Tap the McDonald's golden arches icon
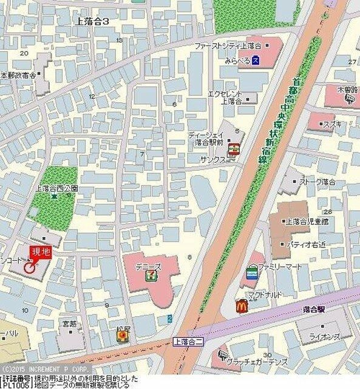coord(241,306)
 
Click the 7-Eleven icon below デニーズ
coord(149,275)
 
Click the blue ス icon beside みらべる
coord(257,60)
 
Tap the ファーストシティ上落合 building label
coord(227,46)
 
